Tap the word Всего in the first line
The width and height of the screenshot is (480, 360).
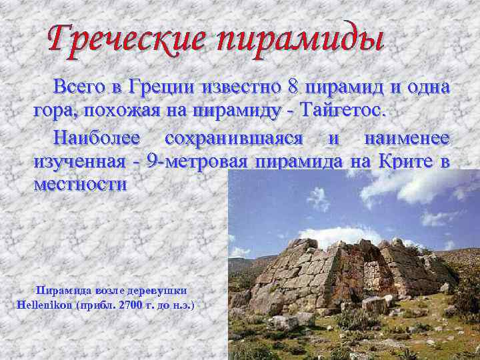[x=79, y=87]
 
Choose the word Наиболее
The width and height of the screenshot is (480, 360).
[x=97, y=138]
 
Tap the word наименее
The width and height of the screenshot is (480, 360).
[x=407, y=138]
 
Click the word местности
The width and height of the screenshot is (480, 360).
[x=79, y=184]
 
